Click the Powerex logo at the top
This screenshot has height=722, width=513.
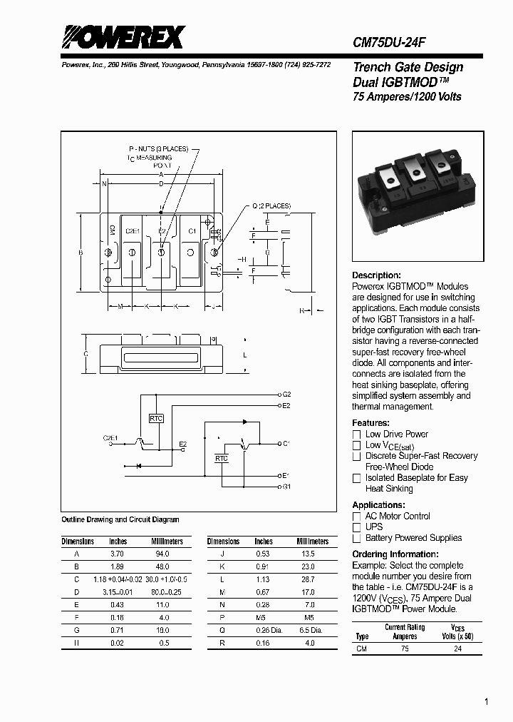123,36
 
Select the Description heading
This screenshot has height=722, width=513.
376,275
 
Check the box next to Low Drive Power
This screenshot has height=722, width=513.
357,434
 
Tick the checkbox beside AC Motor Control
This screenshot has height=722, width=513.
357,517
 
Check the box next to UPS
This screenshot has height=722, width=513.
357,527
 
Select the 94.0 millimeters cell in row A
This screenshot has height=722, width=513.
162,554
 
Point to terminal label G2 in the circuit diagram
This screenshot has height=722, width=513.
286,394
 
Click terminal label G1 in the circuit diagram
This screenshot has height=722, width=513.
286,487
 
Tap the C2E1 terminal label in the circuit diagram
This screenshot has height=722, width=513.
110,437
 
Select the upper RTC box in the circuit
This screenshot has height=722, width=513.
156,419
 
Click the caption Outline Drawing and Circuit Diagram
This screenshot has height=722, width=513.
120,520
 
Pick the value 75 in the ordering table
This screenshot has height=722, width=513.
405,649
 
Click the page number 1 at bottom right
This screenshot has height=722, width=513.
487,702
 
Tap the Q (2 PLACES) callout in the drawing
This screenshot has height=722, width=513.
271,206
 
